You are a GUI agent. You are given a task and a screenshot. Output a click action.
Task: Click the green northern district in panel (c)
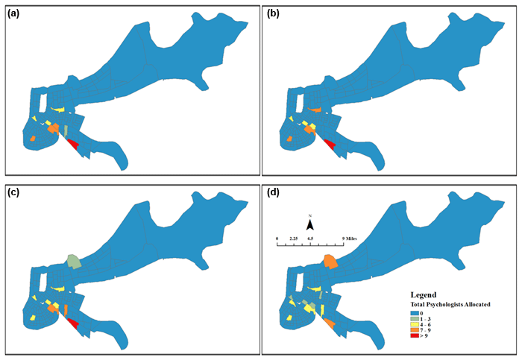[x=74, y=261]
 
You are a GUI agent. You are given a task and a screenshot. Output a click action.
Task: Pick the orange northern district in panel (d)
[x=330, y=261]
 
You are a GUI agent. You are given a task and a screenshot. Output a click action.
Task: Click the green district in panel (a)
[x=65, y=130]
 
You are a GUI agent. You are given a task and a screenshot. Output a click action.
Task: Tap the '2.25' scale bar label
[x=293, y=239]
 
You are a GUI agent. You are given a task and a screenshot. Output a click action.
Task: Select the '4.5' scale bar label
[x=310, y=239]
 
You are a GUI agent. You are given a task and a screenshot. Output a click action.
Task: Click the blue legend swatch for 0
[x=415, y=314]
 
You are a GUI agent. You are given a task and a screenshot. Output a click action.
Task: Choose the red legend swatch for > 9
[x=415, y=337]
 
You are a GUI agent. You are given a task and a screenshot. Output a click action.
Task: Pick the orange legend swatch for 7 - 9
[x=415, y=331]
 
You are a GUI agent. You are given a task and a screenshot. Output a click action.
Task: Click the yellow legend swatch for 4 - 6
[x=415, y=325]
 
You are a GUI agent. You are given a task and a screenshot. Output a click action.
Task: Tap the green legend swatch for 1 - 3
[x=415, y=319]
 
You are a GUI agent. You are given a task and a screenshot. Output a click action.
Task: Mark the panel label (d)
[x=273, y=192]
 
